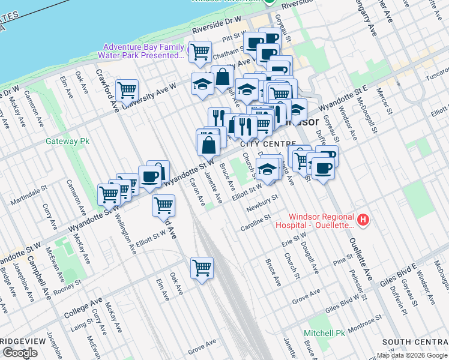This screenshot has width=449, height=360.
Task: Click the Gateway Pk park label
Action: pyautogui.click(x=67, y=142)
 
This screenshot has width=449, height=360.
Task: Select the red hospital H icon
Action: pyautogui.click(x=363, y=221)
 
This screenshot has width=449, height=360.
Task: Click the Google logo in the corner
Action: pyautogui.click(x=20, y=353)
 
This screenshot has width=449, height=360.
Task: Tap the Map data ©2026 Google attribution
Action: pyautogui.click(x=412, y=355)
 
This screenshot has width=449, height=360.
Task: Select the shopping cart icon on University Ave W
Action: pyautogui.click(x=127, y=91)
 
